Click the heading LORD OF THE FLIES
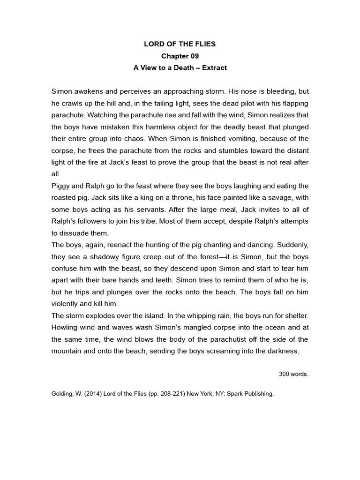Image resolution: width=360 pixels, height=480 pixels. click(x=180, y=44)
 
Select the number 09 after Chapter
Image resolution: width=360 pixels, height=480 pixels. click(x=193, y=56)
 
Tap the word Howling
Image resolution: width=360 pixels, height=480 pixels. click(x=66, y=328)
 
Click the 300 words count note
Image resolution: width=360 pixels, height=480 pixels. click(x=293, y=374)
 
